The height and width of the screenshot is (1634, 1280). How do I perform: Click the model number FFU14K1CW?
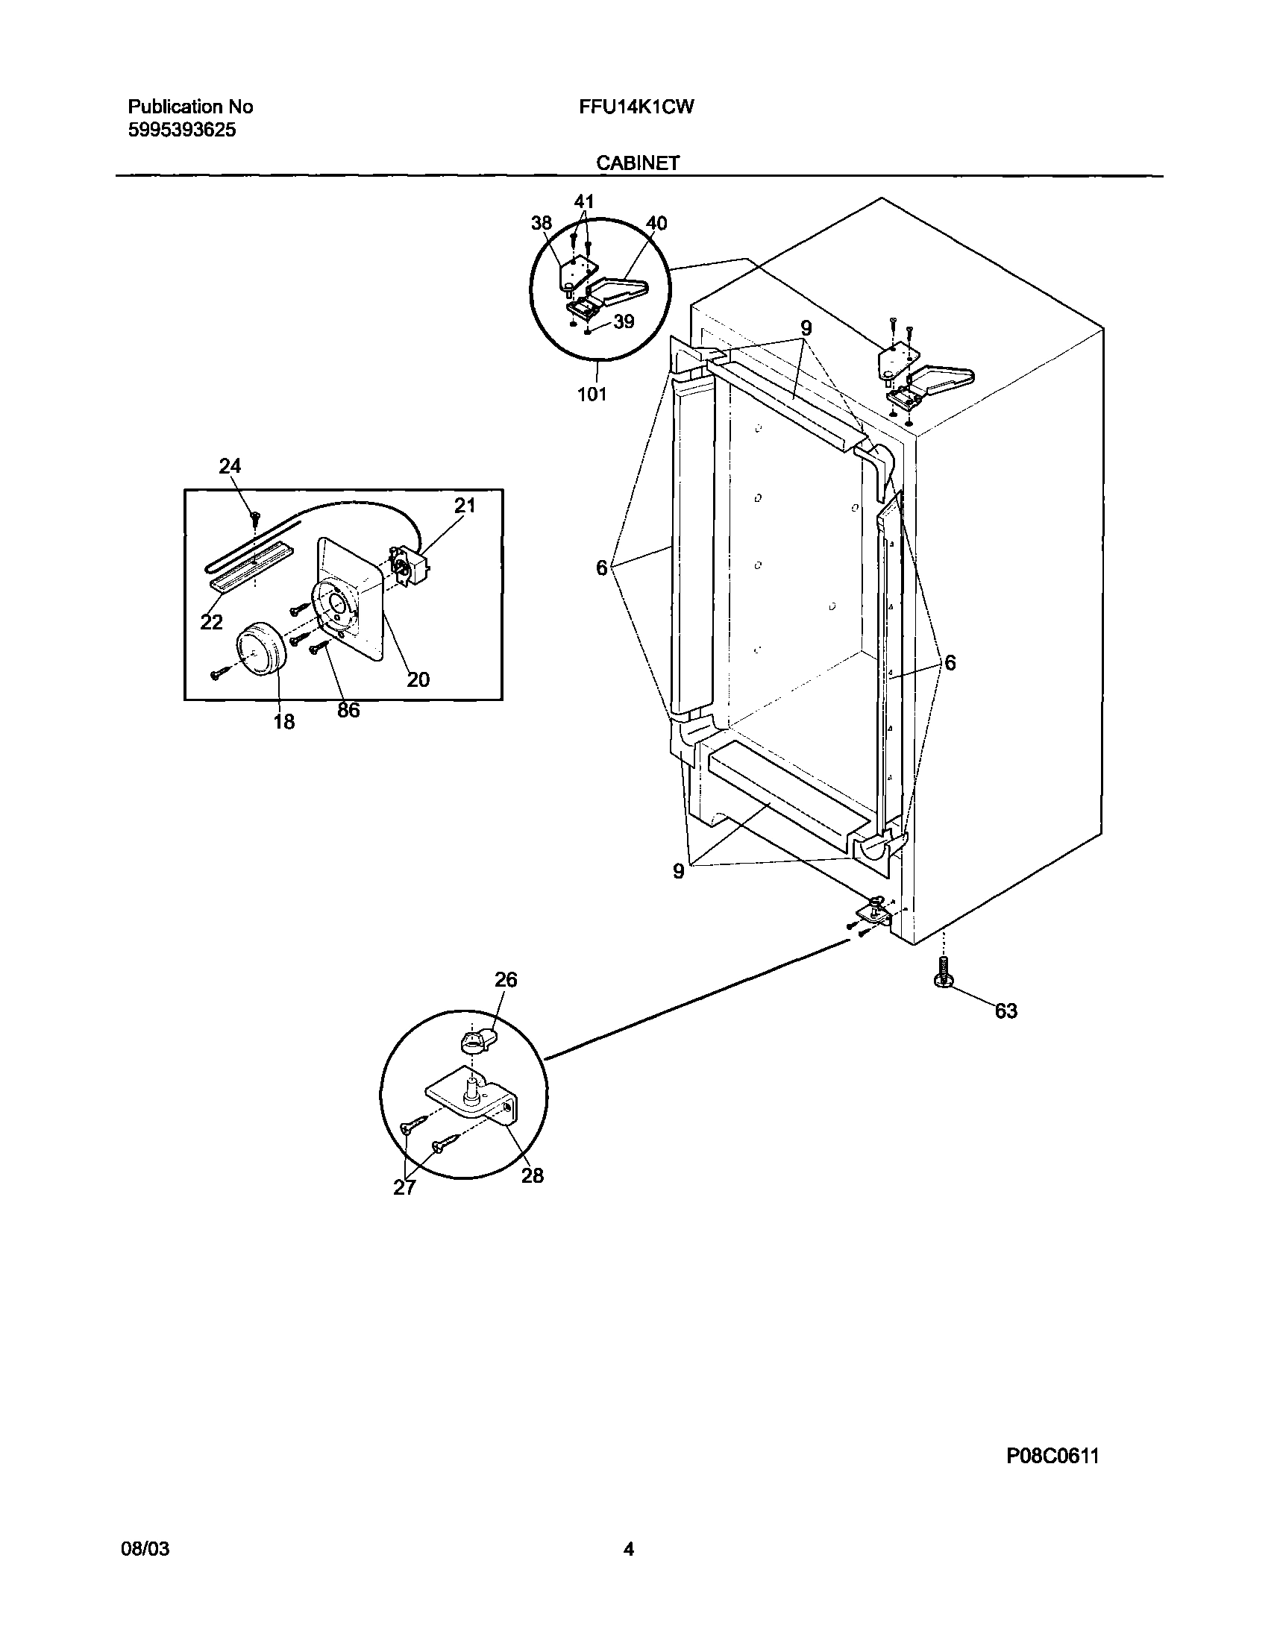tap(636, 107)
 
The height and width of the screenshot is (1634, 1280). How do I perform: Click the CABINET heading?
tap(638, 163)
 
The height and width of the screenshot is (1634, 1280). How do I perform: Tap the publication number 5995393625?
tap(182, 131)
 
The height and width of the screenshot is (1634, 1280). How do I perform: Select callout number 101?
tap(592, 394)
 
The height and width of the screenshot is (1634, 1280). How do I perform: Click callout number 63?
tap(1006, 1011)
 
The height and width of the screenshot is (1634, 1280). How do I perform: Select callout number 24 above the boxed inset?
tap(230, 466)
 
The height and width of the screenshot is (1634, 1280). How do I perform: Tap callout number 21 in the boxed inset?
tap(465, 506)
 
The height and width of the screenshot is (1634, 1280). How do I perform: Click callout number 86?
tap(348, 710)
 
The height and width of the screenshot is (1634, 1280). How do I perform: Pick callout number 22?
tap(211, 622)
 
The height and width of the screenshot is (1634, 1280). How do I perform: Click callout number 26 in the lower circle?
tap(506, 980)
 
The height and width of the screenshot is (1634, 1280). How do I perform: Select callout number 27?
tap(404, 1187)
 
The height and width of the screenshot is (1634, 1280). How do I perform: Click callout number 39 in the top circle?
tap(623, 321)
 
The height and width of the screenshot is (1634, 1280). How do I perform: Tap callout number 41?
tap(584, 201)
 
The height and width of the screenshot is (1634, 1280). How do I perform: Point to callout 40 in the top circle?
tap(656, 223)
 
